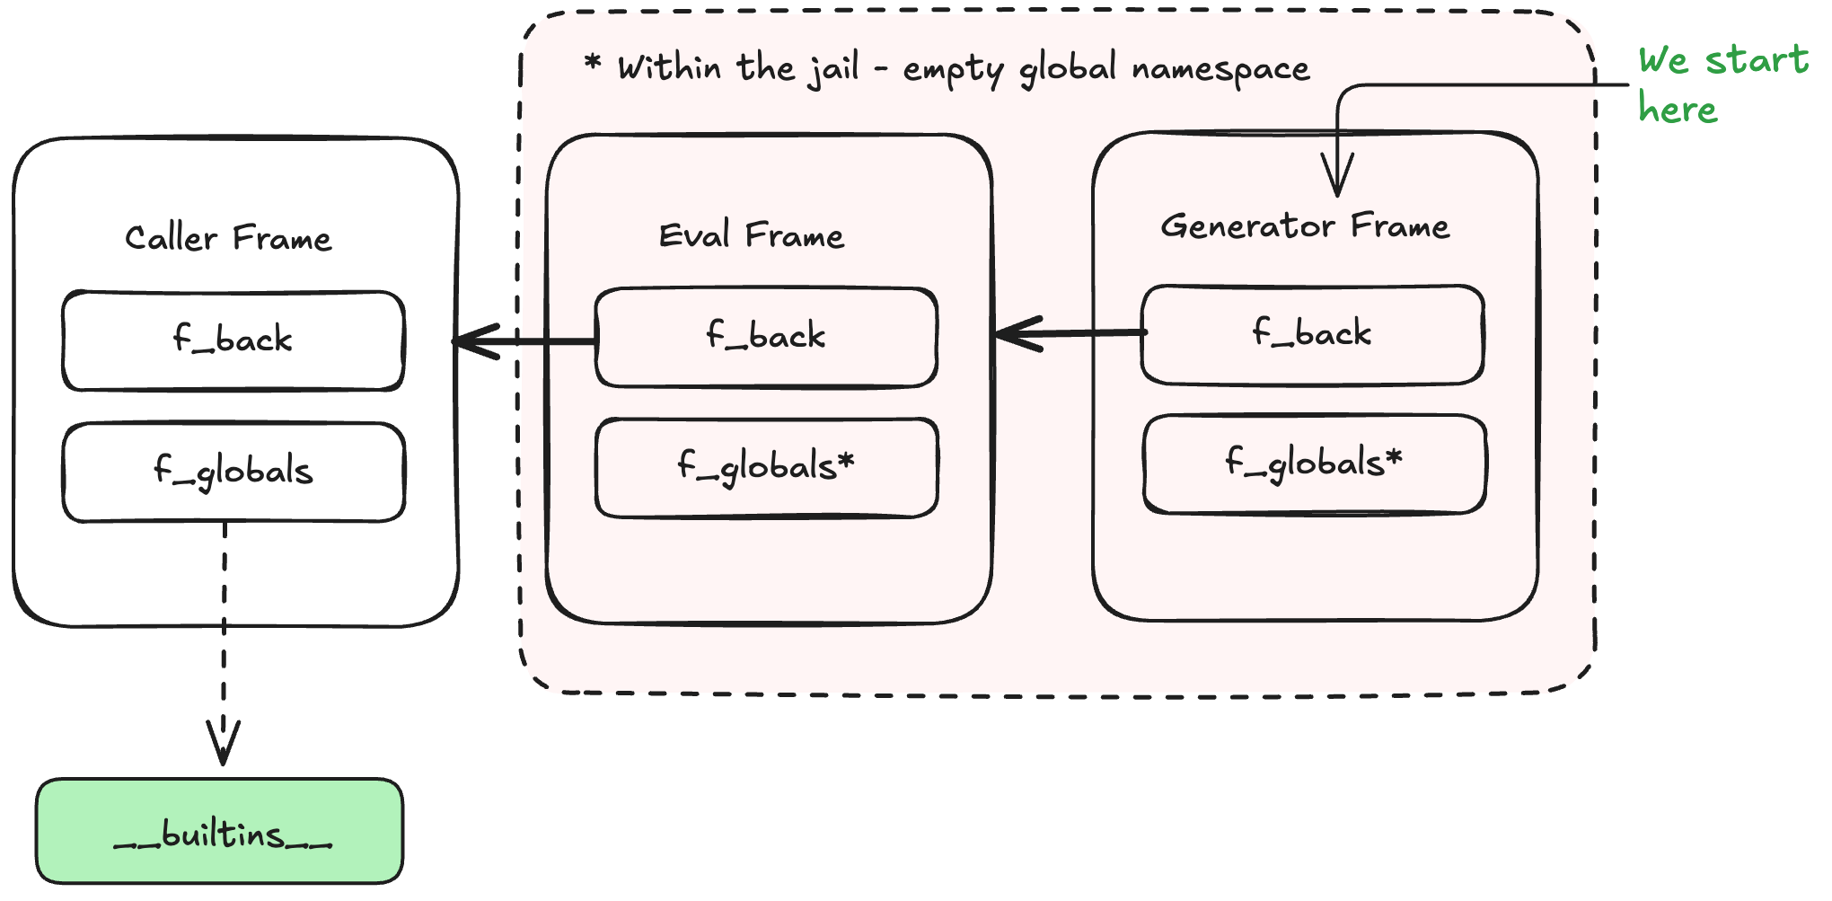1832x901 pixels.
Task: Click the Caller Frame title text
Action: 228,239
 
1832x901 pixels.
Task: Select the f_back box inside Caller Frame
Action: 233,340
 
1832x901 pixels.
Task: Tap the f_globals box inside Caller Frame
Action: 233,472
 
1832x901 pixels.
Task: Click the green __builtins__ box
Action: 220,832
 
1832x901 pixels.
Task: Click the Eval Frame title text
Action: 752,236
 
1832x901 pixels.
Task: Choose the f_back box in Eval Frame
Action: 766,337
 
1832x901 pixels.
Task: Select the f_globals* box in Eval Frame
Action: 766,467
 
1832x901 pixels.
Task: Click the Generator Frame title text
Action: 1305,226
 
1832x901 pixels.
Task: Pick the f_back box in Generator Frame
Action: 1312,334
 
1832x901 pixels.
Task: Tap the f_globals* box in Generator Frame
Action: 1314,464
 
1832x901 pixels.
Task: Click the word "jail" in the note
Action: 835,69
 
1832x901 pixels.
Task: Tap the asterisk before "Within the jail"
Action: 593,63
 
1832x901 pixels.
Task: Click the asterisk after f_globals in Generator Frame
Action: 1393,458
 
